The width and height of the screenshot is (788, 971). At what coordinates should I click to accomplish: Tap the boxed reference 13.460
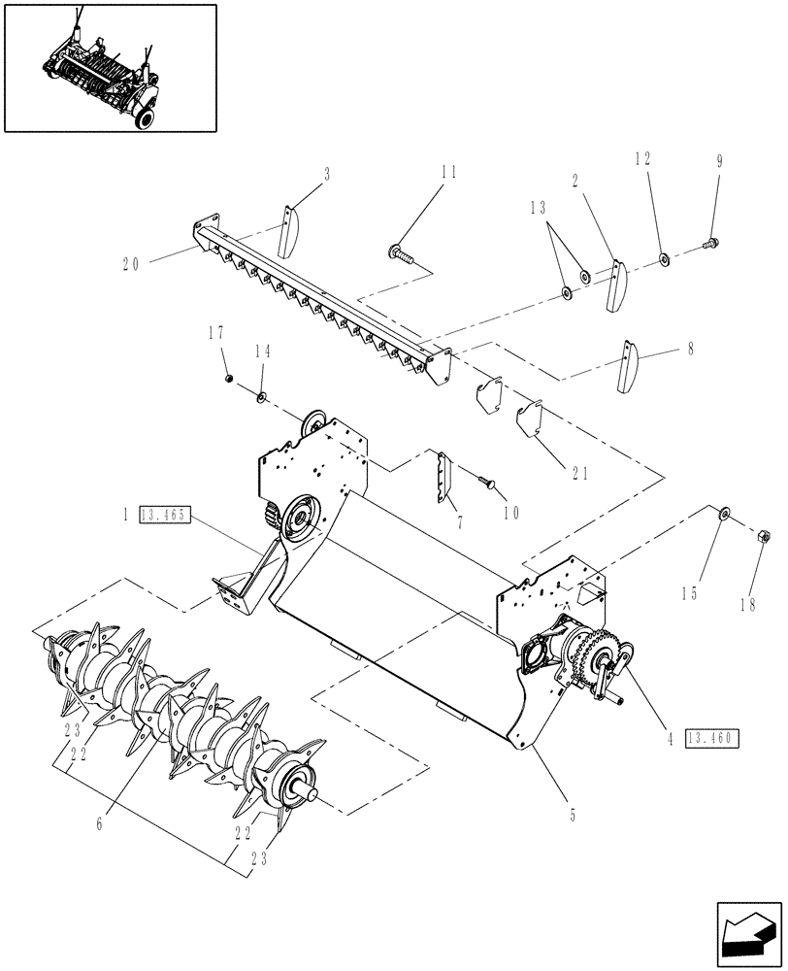tap(712, 739)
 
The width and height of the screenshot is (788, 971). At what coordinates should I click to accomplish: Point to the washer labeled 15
tap(723, 514)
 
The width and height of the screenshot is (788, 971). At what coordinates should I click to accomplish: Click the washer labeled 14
tap(262, 397)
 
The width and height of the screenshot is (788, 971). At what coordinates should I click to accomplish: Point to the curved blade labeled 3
tap(289, 229)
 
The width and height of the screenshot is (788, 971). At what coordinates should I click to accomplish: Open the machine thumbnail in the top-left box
tap(110, 67)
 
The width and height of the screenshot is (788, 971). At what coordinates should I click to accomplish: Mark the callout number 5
tap(572, 816)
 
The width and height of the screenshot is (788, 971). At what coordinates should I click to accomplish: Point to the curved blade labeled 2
tap(616, 285)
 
